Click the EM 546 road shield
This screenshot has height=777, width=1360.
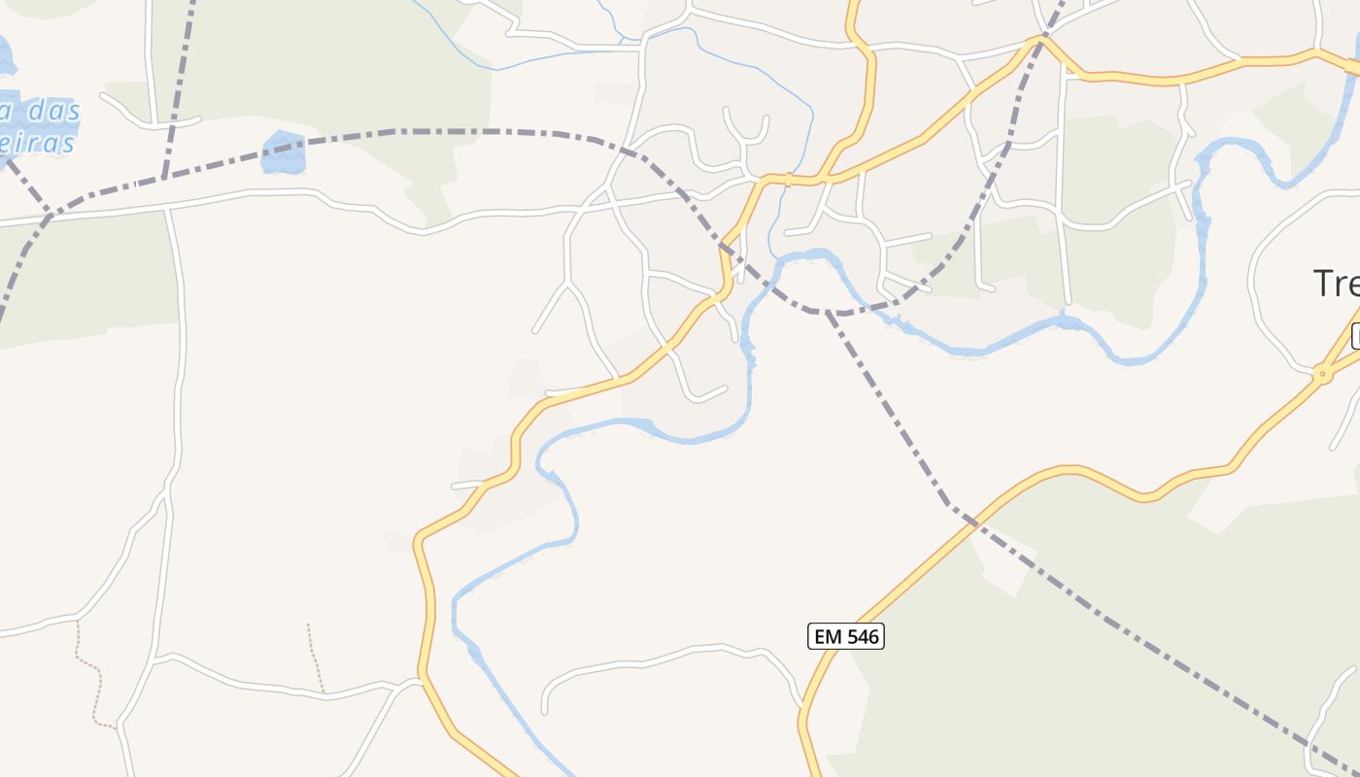coord(845,636)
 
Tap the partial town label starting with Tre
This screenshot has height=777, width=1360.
coord(1337,284)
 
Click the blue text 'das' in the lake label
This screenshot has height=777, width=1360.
coord(53,112)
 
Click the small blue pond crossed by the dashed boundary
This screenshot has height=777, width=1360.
coord(284,152)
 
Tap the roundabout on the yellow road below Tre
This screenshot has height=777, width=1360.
coord(1321,373)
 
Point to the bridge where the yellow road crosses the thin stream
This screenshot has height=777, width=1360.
coord(789,179)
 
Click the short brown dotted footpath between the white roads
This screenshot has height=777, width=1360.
coord(316,659)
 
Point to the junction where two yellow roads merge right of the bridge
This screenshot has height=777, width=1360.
coord(825,179)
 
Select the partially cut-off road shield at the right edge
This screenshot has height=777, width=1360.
coord(1356,336)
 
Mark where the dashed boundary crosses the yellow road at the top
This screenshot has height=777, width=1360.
coord(1042,39)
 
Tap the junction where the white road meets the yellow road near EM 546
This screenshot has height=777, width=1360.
coord(802,707)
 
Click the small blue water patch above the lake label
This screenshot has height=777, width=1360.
coord(6,56)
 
